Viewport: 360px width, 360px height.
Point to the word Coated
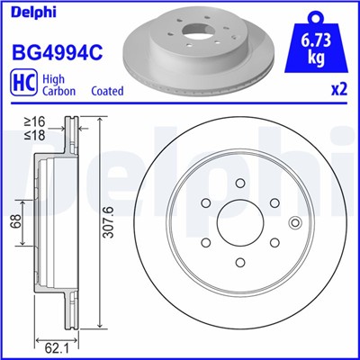(108, 91)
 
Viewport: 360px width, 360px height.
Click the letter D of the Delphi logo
(10, 12)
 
